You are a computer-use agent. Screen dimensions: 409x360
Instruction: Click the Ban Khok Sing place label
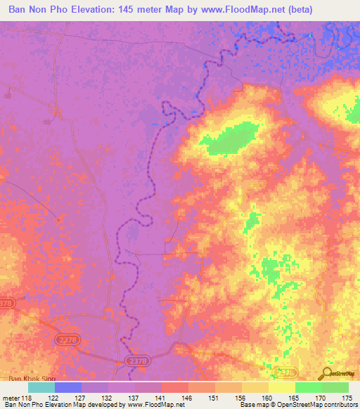click(x=27, y=379)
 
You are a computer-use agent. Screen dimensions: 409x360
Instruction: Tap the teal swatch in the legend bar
click(x=41, y=387)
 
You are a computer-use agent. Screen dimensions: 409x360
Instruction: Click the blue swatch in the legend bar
click(x=68, y=387)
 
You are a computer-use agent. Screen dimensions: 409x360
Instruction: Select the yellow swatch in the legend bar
click(x=281, y=387)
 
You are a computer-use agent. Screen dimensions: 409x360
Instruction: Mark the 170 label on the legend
click(x=321, y=398)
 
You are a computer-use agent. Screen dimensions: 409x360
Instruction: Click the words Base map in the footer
click(x=253, y=405)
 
